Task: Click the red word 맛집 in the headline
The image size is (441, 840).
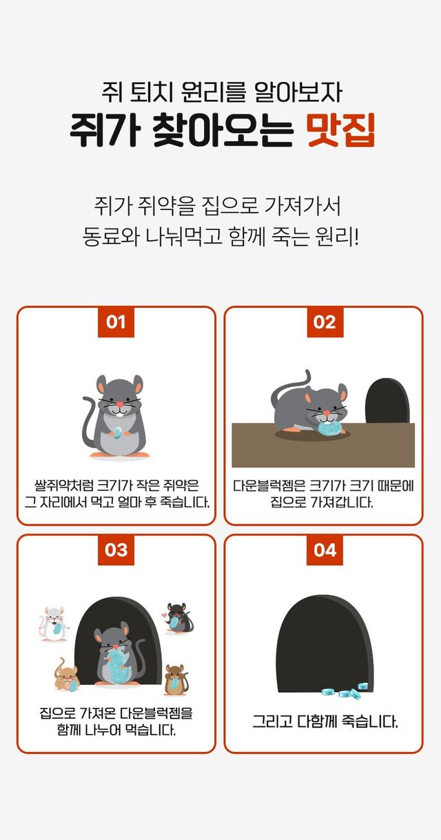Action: pos(341,129)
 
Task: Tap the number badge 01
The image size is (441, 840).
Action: pos(116,322)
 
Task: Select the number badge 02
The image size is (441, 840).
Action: pos(325,322)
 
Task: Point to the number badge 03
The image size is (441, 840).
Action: pos(116,549)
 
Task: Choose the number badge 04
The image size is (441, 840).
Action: pos(325,549)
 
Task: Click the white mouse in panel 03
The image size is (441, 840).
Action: pos(54,624)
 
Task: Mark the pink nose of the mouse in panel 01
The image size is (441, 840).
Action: pos(119,405)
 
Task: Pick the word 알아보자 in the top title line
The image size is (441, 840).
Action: pos(298,92)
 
